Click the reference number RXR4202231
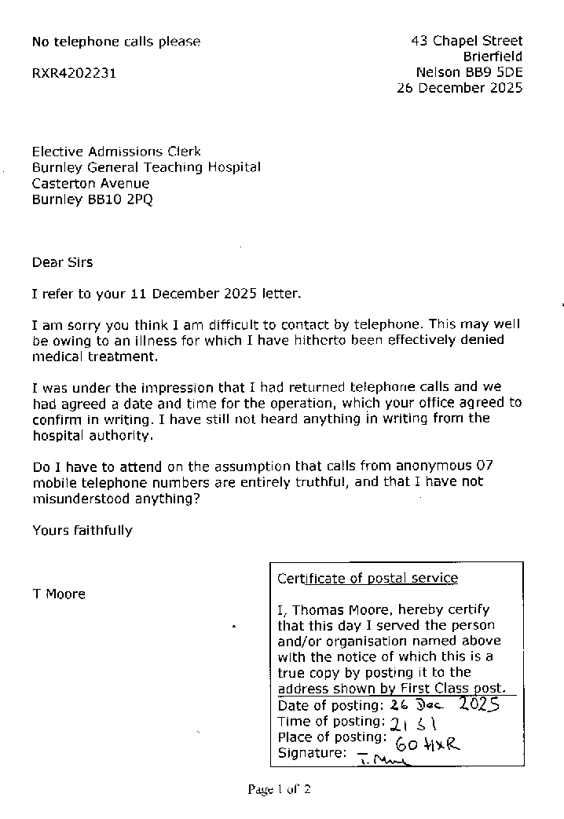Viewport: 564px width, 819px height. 75,73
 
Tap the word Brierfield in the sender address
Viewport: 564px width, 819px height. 493,57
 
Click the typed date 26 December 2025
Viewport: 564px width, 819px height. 460,88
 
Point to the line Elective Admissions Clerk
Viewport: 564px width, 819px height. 116,152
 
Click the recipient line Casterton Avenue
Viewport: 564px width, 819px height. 90,183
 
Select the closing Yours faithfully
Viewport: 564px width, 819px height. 82,530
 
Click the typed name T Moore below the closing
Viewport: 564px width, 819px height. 59,594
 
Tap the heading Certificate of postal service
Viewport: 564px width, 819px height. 367,578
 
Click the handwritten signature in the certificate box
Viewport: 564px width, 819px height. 379,757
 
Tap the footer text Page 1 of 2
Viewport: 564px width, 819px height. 280,789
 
